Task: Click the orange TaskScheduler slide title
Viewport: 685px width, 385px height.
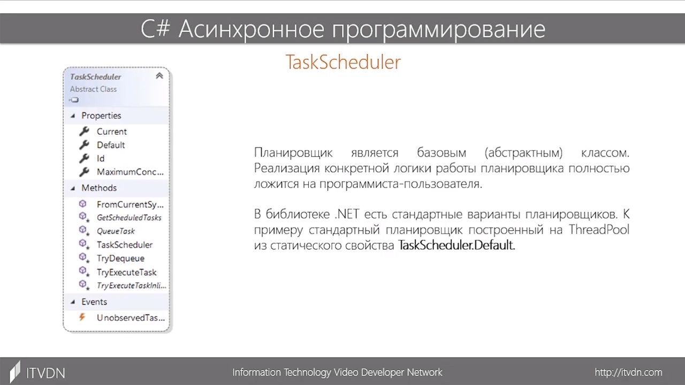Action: pyautogui.click(x=343, y=62)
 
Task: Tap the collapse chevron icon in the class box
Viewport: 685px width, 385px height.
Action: pyautogui.click(x=159, y=76)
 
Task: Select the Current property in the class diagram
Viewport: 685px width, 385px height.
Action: pyautogui.click(x=112, y=132)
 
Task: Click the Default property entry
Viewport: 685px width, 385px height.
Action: pyautogui.click(x=111, y=145)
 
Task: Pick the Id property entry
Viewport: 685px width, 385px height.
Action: pyautogui.click(x=101, y=158)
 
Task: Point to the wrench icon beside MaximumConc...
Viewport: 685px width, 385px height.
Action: pyautogui.click(x=84, y=172)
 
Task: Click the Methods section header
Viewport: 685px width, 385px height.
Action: pyautogui.click(x=99, y=188)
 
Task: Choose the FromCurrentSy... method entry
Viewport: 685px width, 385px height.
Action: pyautogui.click(x=130, y=204)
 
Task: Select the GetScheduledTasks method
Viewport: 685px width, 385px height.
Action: pyautogui.click(x=129, y=218)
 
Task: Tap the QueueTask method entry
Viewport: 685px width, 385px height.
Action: pyautogui.click(x=116, y=231)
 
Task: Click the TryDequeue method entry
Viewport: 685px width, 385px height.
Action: pyautogui.click(x=120, y=258)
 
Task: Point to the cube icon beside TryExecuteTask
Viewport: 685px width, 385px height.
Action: pyautogui.click(x=84, y=272)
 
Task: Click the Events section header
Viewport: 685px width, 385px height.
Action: pyautogui.click(x=94, y=302)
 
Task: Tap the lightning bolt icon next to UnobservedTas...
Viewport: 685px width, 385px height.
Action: pyautogui.click(x=82, y=317)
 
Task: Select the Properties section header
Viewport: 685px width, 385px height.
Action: pyautogui.click(x=101, y=115)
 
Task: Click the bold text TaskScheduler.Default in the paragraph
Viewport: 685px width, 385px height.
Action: pyautogui.click(x=456, y=245)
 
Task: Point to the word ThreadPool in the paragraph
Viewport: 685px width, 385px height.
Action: pyautogui.click(x=599, y=229)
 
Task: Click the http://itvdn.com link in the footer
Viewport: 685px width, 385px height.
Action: pyautogui.click(x=628, y=372)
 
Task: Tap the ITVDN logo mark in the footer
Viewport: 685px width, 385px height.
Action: pyautogui.click(x=14, y=372)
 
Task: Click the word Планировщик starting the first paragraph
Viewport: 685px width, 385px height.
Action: pyautogui.click(x=293, y=152)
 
